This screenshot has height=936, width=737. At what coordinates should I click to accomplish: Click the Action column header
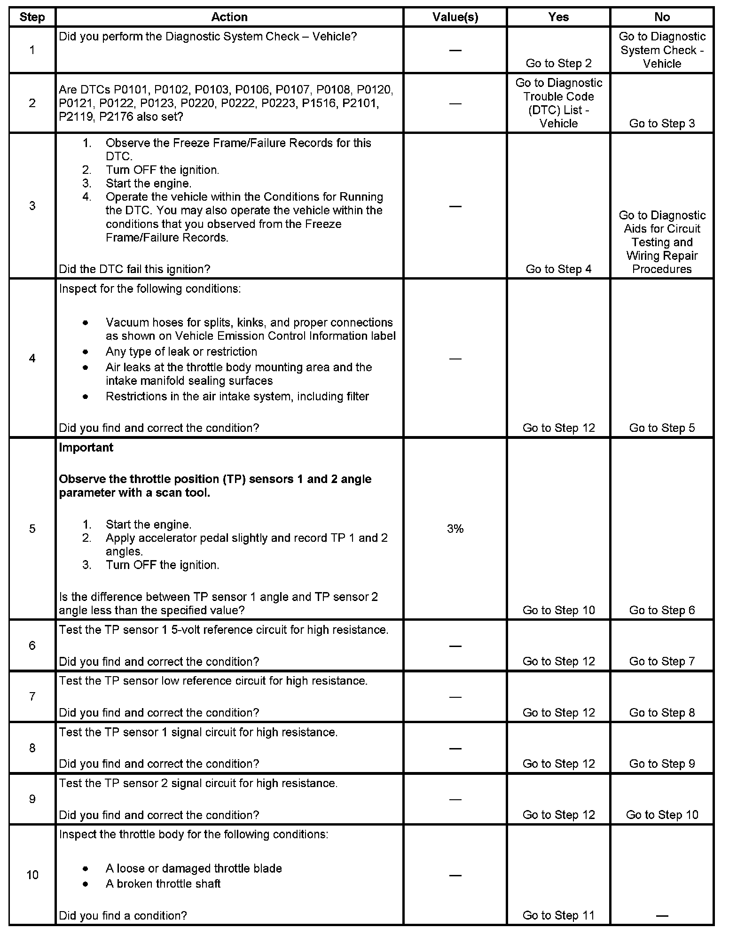(229, 17)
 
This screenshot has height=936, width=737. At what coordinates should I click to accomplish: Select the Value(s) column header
(455, 17)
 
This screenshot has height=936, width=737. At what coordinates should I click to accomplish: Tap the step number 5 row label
(32, 529)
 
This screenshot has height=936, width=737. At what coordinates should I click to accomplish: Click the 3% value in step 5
(455, 529)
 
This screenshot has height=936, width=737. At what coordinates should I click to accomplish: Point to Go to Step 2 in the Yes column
(558, 63)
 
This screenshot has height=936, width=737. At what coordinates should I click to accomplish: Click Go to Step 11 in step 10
(558, 915)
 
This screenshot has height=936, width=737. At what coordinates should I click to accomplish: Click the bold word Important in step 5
(86, 447)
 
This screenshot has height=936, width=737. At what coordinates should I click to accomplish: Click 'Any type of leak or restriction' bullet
(181, 351)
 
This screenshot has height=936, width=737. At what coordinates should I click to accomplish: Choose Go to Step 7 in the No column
(662, 661)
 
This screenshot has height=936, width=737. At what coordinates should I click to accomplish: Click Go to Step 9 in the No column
(662, 764)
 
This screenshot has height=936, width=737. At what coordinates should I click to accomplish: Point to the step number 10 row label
(32, 875)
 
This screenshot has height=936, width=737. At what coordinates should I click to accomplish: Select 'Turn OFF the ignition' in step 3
(162, 170)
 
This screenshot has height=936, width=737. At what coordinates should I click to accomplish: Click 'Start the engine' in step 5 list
(149, 524)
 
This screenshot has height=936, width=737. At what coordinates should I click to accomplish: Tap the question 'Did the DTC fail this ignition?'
(134, 269)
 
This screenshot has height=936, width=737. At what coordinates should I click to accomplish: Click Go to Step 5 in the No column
(662, 428)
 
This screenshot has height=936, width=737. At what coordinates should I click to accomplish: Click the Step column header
(32, 17)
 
